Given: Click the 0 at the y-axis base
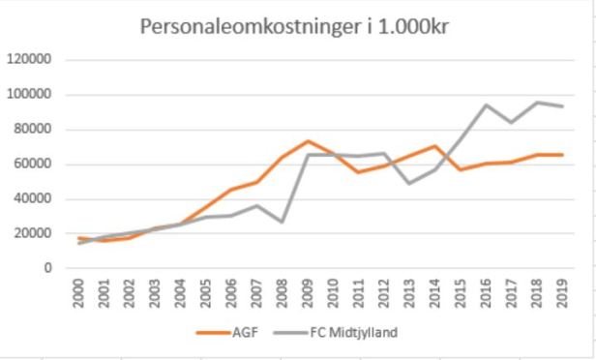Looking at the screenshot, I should [x=45, y=269].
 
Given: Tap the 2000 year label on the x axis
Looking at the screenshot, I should [x=80, y=293].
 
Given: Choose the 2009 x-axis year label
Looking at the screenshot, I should [x=307, y=293].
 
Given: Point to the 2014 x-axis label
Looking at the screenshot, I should [x=432, y=293].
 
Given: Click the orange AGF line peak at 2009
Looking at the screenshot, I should [x=307, y=141].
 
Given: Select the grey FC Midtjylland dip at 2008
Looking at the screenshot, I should [x=282, y=222].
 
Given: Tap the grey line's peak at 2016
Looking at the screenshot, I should [x=483, y=105].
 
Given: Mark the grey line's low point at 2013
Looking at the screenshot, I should [x=407, y=183].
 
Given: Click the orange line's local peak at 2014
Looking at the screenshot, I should [x=432, y=146].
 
